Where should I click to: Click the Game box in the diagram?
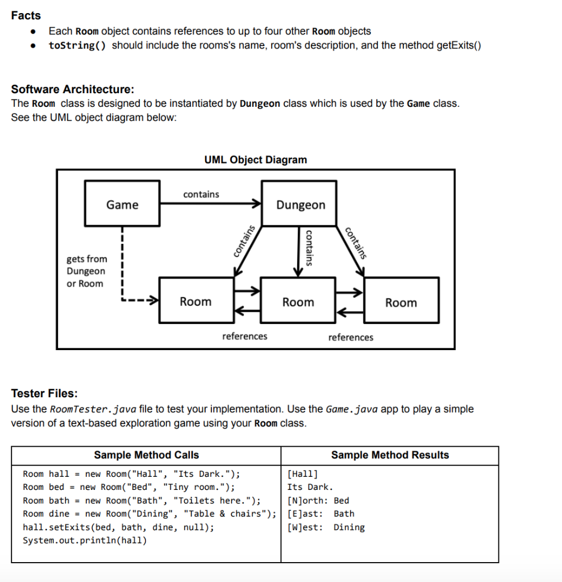pos(122,204)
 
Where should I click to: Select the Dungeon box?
pos(301,205)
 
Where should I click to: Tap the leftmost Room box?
pos(195,302)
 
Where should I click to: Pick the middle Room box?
pos(298,302)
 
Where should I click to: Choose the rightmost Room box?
pos(401,302)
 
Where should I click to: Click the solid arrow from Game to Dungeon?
pos(210,204)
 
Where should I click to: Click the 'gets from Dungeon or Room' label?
pos(86,271)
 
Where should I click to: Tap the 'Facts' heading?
pos(26,15)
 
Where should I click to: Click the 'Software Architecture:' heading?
pos(73,89)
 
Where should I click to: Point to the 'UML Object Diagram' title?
pos(255,160)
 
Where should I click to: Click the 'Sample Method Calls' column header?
pos(146,455)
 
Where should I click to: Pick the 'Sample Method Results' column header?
pos(390,455)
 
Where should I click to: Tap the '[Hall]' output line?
pos(303,473)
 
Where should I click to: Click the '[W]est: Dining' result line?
pos(326,527)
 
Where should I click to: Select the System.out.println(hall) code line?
pos(84,540)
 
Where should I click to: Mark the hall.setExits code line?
pos(118,527)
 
